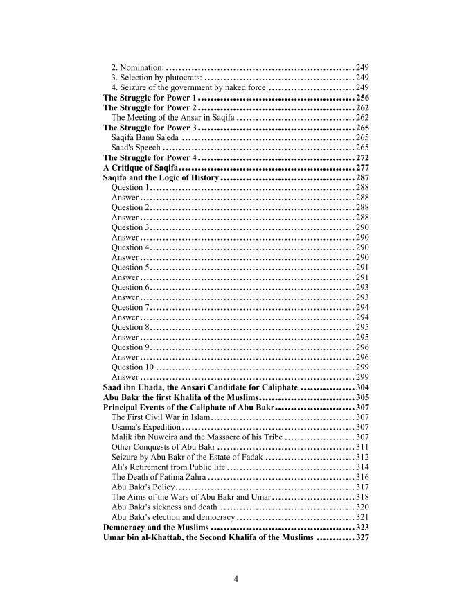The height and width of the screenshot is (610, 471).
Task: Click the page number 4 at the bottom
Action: pos(235,579)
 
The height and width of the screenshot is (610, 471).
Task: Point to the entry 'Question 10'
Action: pos(132,367)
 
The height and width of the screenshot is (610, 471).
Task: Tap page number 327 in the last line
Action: pos(362,537)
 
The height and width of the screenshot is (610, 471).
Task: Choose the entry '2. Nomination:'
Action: pos(137,68)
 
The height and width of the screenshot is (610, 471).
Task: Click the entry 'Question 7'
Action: pos(130,307)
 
